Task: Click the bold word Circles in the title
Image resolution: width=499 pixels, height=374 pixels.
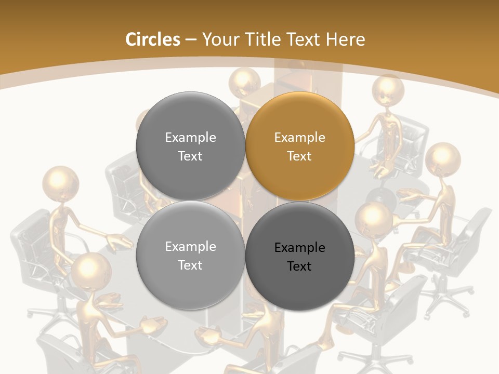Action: click(x=152, y=39)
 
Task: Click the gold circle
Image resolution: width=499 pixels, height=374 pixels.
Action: click(x=300, y=146)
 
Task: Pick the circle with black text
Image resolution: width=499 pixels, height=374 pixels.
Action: click(x=300, y=256)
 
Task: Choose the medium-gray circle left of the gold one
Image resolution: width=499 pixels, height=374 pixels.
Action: click(x=190, y=146)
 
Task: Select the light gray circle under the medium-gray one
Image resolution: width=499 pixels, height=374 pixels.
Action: click(x=190, y=256)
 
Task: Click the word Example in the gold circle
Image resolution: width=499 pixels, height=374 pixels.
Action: click(x=299, y=138)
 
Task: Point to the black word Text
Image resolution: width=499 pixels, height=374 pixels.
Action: click(x=299, y=266)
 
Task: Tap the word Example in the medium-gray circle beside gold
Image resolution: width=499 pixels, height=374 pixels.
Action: click(x=190, y=138)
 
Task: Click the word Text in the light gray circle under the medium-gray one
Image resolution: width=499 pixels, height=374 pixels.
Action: click(x=190, y=265)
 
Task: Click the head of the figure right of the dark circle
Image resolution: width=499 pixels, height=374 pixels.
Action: click(x=374, y=219)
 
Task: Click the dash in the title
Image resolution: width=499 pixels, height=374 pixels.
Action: click(x=191, y=39)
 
